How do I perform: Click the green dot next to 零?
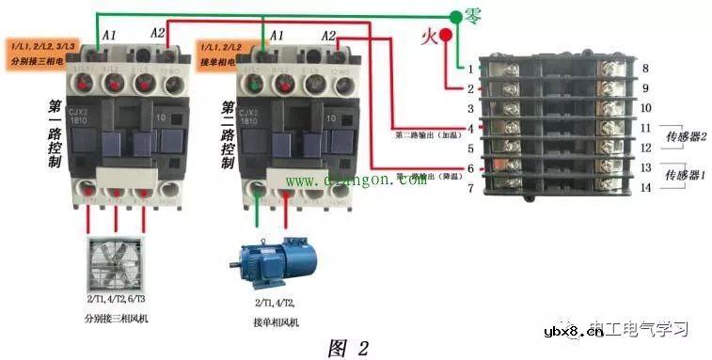(455, 16)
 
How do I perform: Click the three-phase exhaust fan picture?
(116, 267)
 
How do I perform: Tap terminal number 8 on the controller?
(644, 69)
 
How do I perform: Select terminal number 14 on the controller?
(645, 188)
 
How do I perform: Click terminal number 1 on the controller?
(470, 70)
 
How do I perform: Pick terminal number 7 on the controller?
(470, 189)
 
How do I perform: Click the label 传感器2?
(684, 136)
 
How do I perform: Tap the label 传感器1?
(684, 176)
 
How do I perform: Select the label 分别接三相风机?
(116, 319)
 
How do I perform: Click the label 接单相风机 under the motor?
(276, 322)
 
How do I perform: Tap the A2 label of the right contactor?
(328, 36)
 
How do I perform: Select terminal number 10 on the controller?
(645, 109)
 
